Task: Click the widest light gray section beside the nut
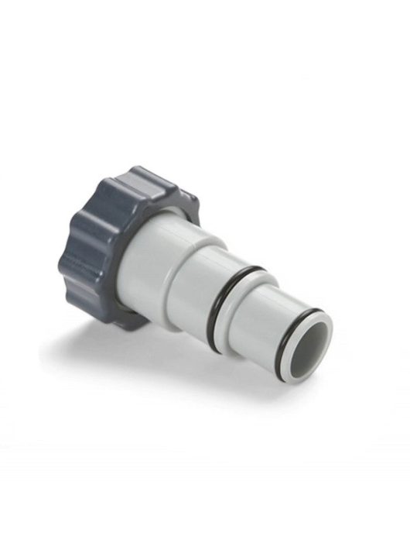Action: [x=159, y=263]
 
